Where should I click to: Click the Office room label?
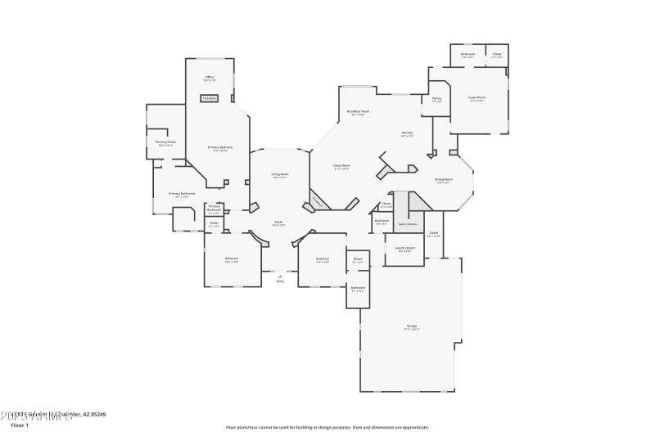[x=210, y=79]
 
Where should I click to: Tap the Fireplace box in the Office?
[x=210, y=98]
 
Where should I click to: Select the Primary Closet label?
[x=165, y=143]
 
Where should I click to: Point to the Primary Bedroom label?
[x=220, y=148]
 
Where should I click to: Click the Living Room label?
[x=279, y=175]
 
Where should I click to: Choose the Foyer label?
[x=278, y=222]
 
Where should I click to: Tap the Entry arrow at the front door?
[x=280, y=278]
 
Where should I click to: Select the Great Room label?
[x=341, y=166]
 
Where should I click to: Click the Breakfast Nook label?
[x=359, y=113]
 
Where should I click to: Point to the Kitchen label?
[x=407, y=133]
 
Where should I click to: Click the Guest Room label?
[x=476, y=98]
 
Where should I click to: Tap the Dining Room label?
[x=443, y=180]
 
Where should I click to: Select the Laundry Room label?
[x=405, y=249]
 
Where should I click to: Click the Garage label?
[x=411, y=327]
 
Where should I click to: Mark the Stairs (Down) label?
[x=408, y=222]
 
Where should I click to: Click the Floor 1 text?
[x=20, y=425]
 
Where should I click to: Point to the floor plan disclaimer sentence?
[x=327, y=427]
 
